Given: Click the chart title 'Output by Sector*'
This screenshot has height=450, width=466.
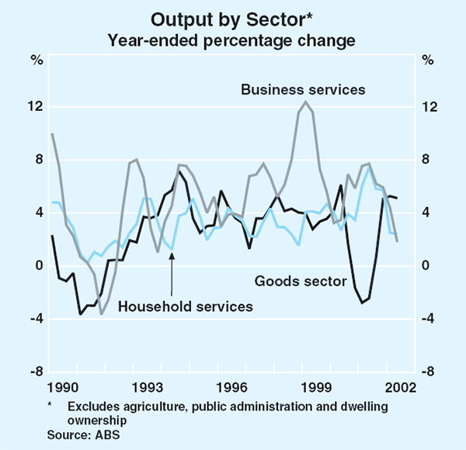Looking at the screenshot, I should [233, 18].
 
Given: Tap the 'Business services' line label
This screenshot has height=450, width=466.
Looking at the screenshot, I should [303, 90].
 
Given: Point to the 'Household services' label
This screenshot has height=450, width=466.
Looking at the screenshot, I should [185, 306].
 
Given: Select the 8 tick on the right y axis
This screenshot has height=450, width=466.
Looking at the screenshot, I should [426, 160].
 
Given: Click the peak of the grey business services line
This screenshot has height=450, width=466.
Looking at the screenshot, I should [306, 102].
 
